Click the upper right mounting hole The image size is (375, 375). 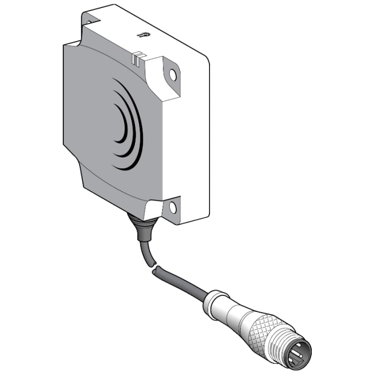click(172, 76)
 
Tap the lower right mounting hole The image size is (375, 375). click(172, 206)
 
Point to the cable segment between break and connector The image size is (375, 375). click(179, 281)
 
